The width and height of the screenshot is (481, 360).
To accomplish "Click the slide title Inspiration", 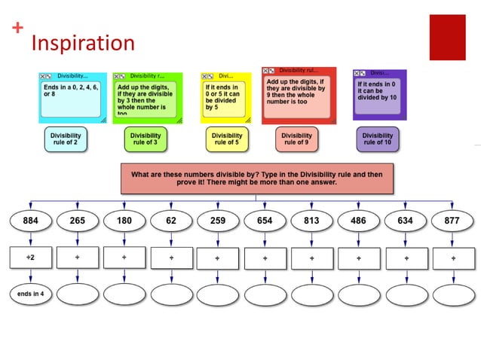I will (x=82, y=43).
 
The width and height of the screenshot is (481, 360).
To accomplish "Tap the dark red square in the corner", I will (x=447, y=37).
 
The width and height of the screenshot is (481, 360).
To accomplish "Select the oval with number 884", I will (x=31, y=221).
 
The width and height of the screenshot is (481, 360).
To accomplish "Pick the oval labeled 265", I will (x=78, y=221).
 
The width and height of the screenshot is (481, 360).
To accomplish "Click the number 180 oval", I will (x=124, y=221).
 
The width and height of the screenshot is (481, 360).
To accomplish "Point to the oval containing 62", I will (x=171, y=221).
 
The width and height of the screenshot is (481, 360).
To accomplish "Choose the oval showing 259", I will (x=218, y=221).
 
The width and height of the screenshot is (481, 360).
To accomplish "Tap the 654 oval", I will (x=265, y=221).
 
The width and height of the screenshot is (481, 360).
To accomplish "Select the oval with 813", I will (x=311, y=221).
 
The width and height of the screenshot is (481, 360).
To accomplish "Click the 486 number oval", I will (x=358, y=221).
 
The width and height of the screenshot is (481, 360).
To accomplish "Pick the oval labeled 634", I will (x=405, y=221).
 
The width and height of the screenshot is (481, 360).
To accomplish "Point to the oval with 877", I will (x=452, y=221).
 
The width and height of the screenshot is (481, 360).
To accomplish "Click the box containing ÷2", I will (x=31, y=257).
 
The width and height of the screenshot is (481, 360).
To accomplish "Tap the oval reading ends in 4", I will (x=31, y=293).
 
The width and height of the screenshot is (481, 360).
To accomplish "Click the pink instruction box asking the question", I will (x=256, y=178).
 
